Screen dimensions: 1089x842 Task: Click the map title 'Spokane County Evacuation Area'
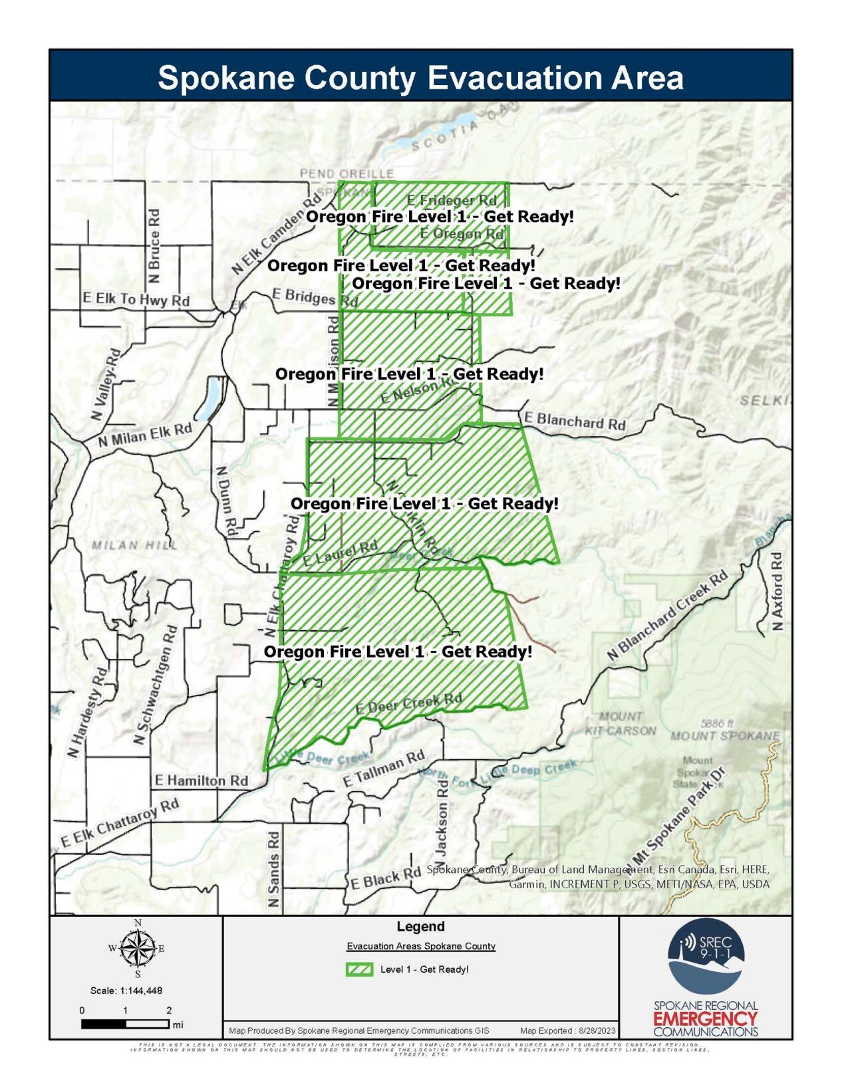point(420,78)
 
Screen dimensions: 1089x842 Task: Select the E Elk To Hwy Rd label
point(136,299)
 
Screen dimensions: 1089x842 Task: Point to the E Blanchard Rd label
point(575,421)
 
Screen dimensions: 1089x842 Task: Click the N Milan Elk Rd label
point(145,435)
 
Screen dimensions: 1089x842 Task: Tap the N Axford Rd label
point(777,591)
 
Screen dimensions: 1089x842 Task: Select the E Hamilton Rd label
point(201,781)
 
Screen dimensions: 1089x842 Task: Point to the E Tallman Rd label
point(384,769)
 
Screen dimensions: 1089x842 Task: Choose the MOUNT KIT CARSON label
point(621,723)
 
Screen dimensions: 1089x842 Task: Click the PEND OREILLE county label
point(347,174)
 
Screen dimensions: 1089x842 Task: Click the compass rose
point(137,948)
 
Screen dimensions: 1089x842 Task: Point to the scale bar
point(126,1025)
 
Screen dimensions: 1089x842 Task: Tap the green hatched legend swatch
point(359,969)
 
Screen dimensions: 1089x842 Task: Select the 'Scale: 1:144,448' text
point(126,991)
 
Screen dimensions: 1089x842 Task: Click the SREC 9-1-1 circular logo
point(706,956)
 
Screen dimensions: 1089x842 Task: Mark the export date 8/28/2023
point(598,1030)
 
